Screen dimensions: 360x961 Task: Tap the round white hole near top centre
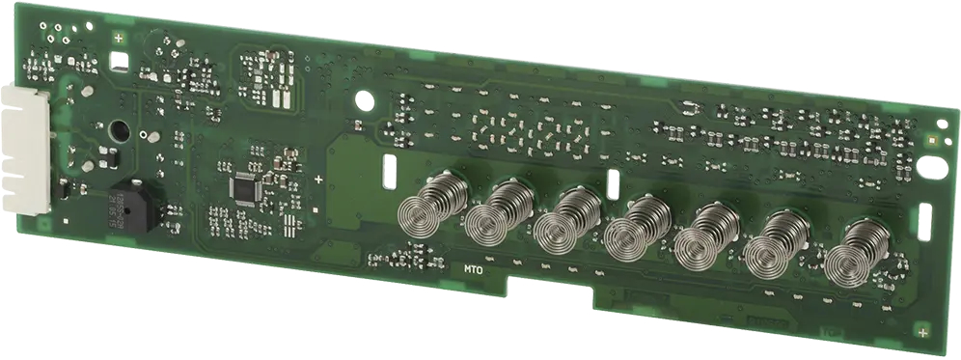(365, 98)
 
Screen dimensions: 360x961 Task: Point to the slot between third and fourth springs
(612, 183)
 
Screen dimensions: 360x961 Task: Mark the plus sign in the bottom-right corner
(923, 332)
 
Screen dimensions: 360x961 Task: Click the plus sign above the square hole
(118, 38)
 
